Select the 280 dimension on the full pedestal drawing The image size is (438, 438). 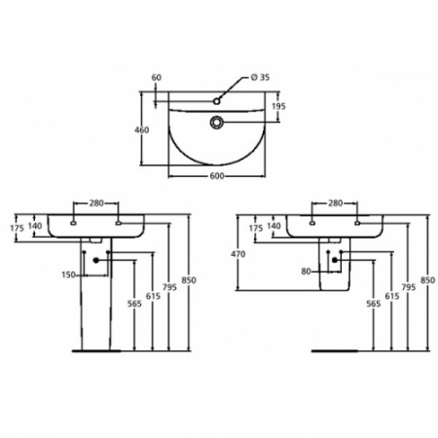[x=96, y=202]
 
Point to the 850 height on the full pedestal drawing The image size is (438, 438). [x=189, y=281]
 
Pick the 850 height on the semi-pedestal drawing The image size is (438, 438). [x=424, y=281]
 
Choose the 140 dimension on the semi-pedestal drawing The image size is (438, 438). [x=274, y=226]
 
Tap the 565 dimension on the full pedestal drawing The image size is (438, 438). [x=134, y=303]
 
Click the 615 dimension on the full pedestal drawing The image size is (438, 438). [x=153, y=295]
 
